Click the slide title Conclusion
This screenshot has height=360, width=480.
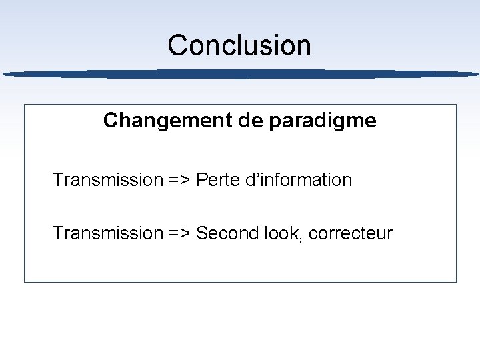[239, 45]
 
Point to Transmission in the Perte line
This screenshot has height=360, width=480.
[107, 180]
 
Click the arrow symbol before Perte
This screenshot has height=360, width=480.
[179, 180]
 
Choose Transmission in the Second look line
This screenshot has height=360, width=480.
[107, 233]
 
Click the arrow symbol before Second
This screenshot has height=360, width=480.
[179, 233]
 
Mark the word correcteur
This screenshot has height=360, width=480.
[351, 234]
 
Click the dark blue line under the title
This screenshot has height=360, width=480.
[240, 73]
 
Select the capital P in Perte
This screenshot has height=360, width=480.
[201, 180]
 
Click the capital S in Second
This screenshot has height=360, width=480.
[201, 233]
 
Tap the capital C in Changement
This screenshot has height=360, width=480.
[111, 121]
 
